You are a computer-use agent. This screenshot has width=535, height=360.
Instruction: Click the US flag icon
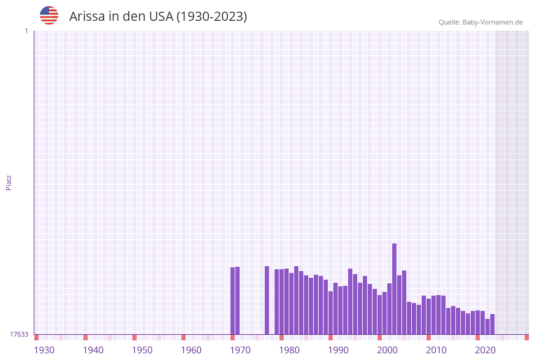pos(49,15)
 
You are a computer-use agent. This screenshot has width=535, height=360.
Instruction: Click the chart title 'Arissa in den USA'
pos(158,17)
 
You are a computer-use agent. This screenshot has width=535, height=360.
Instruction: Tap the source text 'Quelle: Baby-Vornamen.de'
pos(480,22)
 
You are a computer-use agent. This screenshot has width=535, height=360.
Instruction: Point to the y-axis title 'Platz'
pos(9,182)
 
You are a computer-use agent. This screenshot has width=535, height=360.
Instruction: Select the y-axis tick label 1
pos(26,31)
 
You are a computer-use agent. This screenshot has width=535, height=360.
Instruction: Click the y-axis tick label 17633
pos(19,334)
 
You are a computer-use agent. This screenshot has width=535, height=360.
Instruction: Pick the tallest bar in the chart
pos(394,288)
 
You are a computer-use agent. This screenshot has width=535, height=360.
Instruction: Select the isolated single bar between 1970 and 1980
pos(267,300)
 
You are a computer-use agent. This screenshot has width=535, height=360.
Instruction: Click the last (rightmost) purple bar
pos(492,324)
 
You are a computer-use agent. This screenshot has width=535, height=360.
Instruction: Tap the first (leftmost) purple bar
pos(232,301)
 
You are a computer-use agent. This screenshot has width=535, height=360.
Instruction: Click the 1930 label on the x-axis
pos(44,350)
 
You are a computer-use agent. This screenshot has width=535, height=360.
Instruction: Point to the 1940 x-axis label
pos(93,350)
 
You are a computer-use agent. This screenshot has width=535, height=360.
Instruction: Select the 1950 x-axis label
pos(142,350)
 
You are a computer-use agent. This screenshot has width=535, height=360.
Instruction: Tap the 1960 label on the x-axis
pos(191,350)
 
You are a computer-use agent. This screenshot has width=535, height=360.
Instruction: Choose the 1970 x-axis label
pos(240,350)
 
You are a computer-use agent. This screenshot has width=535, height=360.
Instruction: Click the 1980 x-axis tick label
pos(289,350)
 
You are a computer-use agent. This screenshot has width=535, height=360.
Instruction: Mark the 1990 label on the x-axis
pos(338,350)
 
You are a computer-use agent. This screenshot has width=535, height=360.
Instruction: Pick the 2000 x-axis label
pos(387,350)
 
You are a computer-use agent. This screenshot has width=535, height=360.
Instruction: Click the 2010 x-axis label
pos(436,350)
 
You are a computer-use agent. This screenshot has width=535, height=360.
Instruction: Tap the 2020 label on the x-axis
pos(485,350)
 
